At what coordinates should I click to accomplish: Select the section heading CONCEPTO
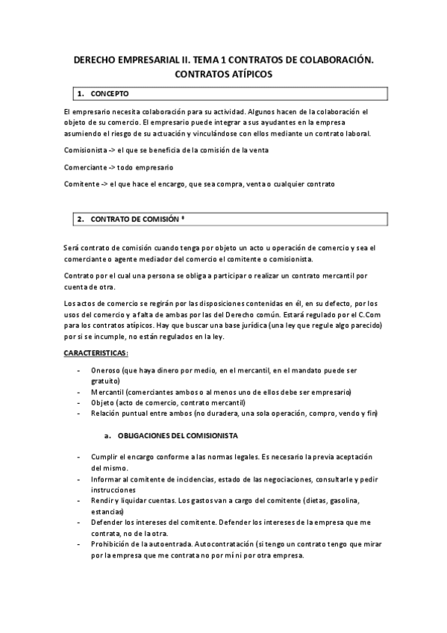110,94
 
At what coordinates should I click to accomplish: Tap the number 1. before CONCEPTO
80,94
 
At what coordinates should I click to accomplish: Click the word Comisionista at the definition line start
87,150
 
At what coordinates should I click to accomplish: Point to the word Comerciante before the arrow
85,166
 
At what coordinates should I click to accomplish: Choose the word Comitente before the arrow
81,183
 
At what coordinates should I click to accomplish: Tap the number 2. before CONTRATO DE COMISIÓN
80,219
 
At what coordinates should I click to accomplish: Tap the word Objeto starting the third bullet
104,402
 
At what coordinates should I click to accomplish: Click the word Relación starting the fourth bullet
108,414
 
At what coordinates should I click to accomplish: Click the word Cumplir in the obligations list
106,457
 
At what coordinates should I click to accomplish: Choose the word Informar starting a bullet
109,478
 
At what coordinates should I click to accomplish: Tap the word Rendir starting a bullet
104,500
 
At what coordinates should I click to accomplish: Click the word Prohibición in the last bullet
113,544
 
